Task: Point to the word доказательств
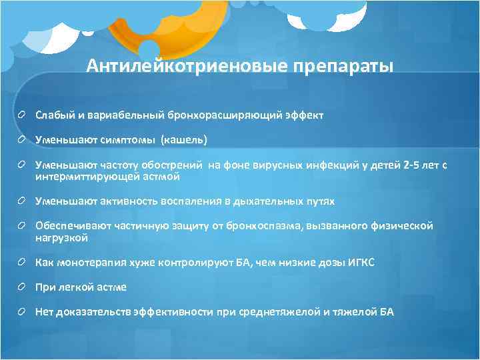click(93, 311)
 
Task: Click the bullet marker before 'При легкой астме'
click(24, 287)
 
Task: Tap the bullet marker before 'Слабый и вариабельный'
click(24, 115)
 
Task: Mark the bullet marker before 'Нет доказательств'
click(24, 311)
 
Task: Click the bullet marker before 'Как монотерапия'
click(24, 263)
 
